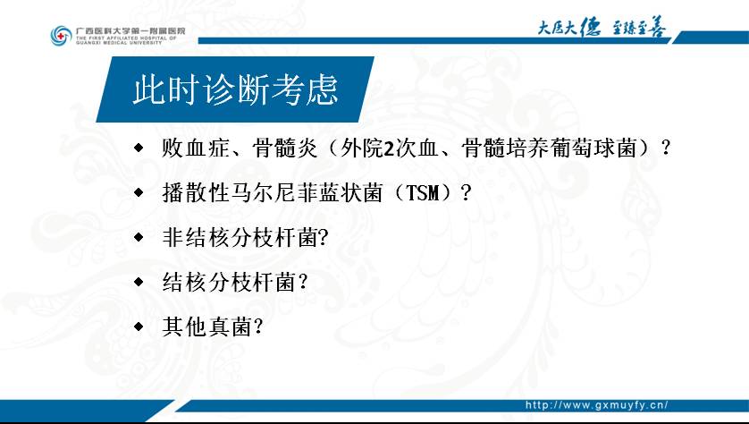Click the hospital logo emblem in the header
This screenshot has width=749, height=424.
61,36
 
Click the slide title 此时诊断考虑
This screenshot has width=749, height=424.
235,89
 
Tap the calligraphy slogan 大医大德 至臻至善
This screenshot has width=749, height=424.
602,27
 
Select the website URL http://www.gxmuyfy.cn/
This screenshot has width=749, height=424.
597,405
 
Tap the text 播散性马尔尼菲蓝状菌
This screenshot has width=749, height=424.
273,192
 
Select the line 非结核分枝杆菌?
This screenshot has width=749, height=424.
246,238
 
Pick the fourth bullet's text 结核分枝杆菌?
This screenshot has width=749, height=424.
234,282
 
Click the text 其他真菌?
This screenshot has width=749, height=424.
213,327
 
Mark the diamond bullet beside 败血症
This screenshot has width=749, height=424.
139,148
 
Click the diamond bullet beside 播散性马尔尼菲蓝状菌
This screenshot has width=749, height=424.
139,192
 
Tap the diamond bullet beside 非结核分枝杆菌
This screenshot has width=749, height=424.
139,237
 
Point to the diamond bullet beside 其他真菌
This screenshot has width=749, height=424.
139,326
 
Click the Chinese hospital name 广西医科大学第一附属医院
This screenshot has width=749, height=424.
130,30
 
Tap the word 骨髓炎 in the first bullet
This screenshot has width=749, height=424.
286,148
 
